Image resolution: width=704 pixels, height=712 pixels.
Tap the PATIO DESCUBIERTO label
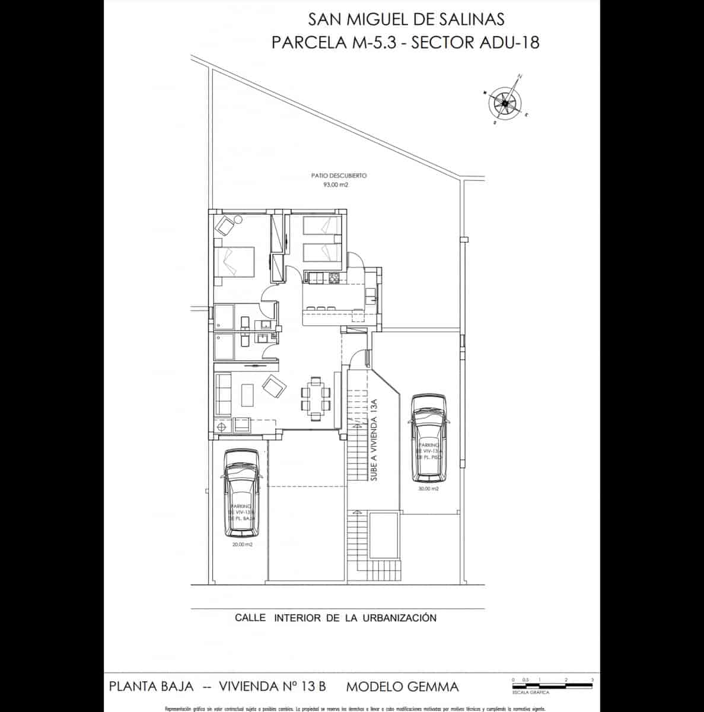pyautogui.click(x=339, y=176)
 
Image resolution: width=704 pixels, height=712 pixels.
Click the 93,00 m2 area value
pyautogui.click(x=335, y=185)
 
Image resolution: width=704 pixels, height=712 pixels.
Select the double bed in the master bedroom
pyautogui.click(x=235, y=262)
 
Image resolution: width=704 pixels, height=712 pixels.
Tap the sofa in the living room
pyautogui.click(x=223, y=394)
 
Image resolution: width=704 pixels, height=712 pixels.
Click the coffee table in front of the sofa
pyautogui.click(x=247, y=395)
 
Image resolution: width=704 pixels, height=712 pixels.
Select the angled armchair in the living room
pyautogui.click(x=273, y=388)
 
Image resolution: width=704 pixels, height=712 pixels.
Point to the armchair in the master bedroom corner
pyautogui.click(x=225, y=225)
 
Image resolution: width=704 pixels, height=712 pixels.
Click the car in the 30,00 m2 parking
pyautogui.click(x=428, y=438)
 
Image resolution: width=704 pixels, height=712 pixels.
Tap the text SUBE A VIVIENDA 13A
pyautogui.click(x=374, y=439)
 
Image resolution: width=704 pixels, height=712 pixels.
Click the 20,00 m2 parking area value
pyautogui.click(x=243, y=545)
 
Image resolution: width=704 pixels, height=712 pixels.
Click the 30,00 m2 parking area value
pyautogui.click(x=428, y=489)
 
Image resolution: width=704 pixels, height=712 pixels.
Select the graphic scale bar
pyautogui.click(x=552, y=685)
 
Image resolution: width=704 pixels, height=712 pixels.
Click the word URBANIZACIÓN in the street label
pyautogui.click(x=399, y=618)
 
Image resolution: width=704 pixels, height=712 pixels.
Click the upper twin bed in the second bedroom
pyautogui.click(x=322, y=225)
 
